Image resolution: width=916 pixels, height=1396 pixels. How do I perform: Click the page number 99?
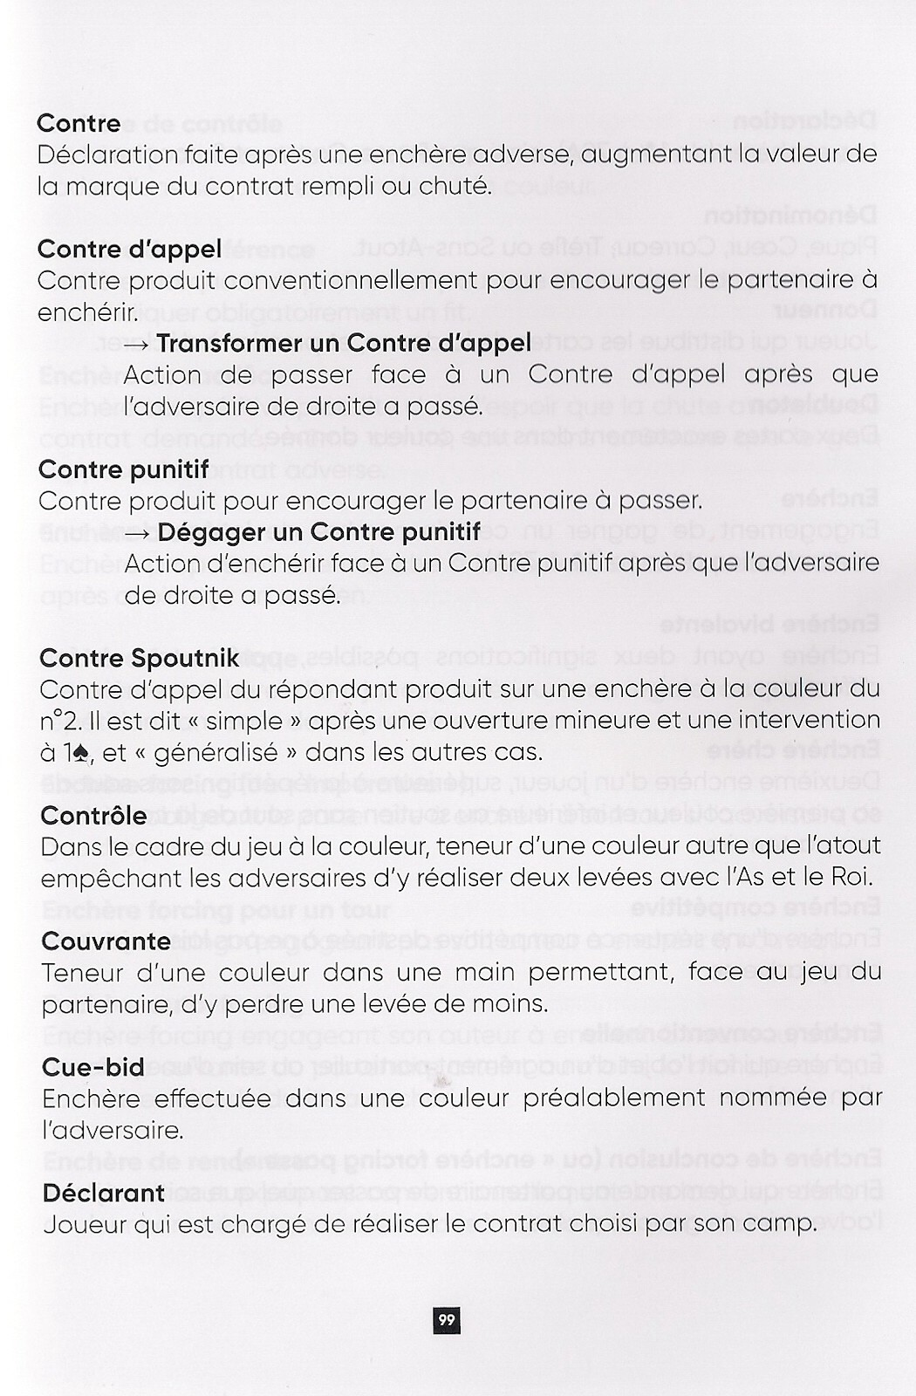click(447, 1319)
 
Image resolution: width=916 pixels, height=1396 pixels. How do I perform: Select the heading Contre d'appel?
click(129, 250)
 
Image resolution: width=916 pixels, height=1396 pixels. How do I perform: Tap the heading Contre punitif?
click(123, 469)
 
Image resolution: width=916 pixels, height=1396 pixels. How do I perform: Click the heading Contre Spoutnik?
click(139, 658)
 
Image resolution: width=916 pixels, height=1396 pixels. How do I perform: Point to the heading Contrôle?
click(93, 816)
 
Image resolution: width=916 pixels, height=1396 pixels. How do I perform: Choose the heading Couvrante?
click(106, 941)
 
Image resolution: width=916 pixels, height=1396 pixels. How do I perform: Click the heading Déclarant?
click(103, 1193)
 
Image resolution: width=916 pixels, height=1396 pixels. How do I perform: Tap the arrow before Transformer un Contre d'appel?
click(137, 344)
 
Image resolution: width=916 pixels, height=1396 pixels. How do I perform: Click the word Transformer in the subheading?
click(223, 344)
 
